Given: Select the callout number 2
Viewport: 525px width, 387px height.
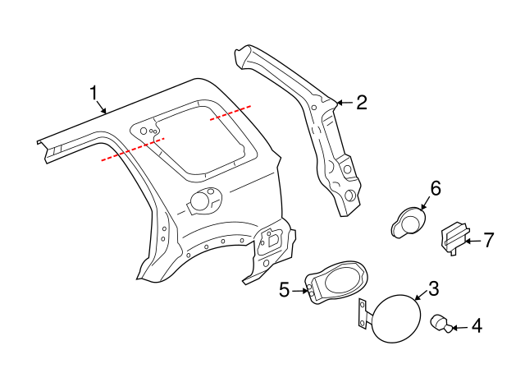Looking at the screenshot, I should (361, 103).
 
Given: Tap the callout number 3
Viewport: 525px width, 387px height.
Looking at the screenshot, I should (434, 288).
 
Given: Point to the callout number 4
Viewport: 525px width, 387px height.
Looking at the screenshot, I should (476, 326).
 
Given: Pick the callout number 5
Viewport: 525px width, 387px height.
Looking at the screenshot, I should (285, 289).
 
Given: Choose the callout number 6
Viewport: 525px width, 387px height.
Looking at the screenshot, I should (435, 188).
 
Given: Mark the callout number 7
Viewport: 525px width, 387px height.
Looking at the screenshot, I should (488, 240).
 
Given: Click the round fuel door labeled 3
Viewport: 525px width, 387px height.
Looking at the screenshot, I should (398, 318).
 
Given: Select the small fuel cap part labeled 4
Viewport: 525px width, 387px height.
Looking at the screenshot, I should (441, 325).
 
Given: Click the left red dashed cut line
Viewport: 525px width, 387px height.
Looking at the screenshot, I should (132, 147).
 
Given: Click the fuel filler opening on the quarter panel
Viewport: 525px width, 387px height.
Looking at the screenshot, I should (202, 199).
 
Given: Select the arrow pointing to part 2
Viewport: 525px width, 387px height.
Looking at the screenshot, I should (343, 103).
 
